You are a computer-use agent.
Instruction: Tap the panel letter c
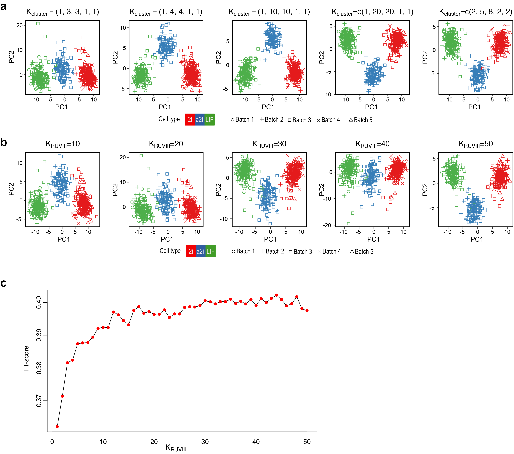[4, 283]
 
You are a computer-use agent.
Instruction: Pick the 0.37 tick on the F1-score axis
[39, 401]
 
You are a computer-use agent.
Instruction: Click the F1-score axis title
[26, 358]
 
